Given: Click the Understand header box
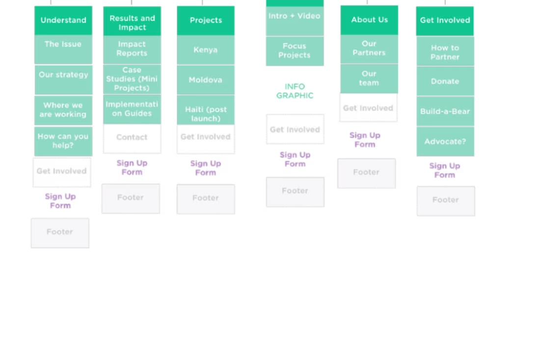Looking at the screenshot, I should [63, 20].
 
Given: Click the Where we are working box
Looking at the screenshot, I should [63, 110].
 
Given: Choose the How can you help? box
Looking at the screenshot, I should [63, 141].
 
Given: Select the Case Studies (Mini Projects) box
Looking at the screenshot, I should [132, 79].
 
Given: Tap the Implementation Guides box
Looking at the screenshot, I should [132, 109].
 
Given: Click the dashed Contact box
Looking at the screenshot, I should [132, 138].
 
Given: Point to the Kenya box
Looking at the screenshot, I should [206, 50].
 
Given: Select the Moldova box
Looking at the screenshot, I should [206, 80].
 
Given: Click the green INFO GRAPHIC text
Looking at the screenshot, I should [295, 91].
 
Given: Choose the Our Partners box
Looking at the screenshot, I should [369, 49].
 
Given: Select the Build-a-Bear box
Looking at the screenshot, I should [445, 111].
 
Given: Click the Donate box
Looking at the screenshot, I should [445, 82].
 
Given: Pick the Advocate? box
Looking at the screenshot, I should [445, 141].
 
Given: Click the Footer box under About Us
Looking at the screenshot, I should [366, 173].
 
